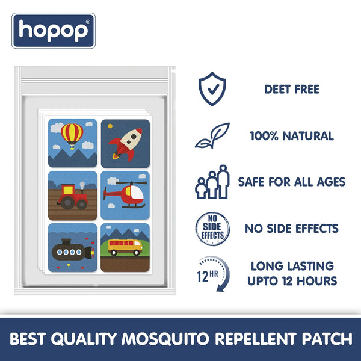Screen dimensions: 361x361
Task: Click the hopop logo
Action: click(54, 30)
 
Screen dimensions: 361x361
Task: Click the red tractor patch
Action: click(72, 195)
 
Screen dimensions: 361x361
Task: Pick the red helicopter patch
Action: click(125, 195)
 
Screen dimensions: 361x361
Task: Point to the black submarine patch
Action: click(72, 247)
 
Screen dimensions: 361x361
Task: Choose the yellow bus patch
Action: click(125, 247)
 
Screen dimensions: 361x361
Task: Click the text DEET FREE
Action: click(292, 90)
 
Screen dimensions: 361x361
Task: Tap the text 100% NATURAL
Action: click(292, 136)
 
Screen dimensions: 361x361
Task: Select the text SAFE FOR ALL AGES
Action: click(292, 182)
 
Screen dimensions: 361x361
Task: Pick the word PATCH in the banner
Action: click(322, 339)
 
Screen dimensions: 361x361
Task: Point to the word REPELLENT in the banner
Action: click(255, 339)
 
